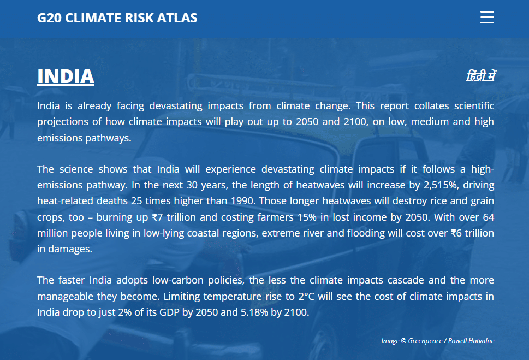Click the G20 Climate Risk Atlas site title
coord(117,18)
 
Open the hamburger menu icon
coord(487,17)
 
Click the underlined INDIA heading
coord(66,76)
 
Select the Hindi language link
coord(481,75)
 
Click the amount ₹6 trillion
coord(472,233)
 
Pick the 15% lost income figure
coord(307,217)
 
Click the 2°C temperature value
coord(306,297)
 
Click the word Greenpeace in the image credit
coord(425,341)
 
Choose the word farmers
coord(275,217)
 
